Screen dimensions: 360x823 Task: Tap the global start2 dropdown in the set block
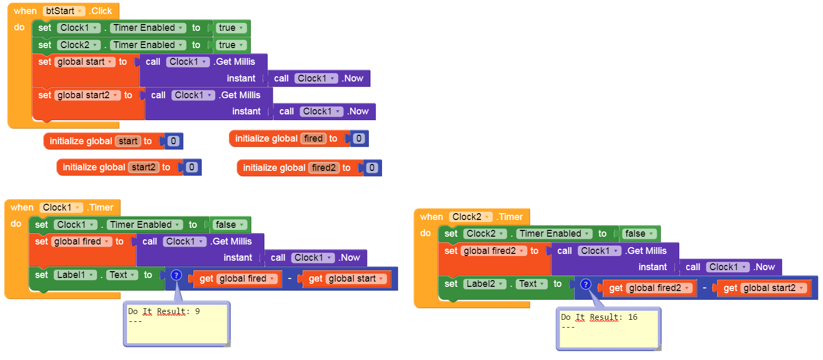click(x=87, y=95)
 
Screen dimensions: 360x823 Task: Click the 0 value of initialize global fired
click(x=358, y=138)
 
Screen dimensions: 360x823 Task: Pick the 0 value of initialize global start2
click(x=192, y=167)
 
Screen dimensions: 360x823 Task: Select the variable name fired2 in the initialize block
click(x=324, y=168)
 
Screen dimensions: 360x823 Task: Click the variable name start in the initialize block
click(x=128, y=141)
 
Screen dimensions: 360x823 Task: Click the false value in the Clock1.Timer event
click(x=229, y=225)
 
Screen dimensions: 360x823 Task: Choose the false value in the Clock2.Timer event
click(x=639, y=234)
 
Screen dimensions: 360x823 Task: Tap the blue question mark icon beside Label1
click(x=176, y=275)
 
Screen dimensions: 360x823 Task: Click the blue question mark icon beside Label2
click(x=586, y=284)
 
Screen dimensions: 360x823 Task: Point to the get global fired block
click(x=238, y=278)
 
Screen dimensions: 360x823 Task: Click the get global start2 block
click(x=764, y=288)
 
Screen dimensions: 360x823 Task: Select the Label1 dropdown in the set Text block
click(x=75, y=275)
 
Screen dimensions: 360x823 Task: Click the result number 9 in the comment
click(x=198, y=311)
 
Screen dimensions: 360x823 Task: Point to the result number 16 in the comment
click(x=633, y=317)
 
